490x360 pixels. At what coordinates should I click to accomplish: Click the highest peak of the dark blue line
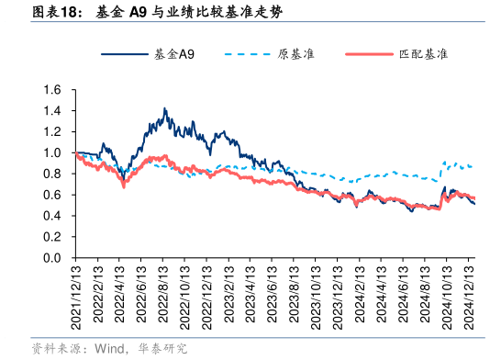pos(164,108)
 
